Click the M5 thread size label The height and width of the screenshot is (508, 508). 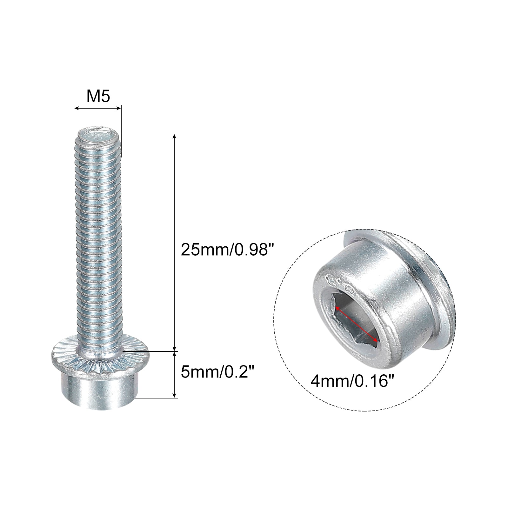tap(98, 96)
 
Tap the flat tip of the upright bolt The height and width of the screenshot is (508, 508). tap(97, 137)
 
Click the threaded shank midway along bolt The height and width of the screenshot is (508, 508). tap(98, 241)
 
